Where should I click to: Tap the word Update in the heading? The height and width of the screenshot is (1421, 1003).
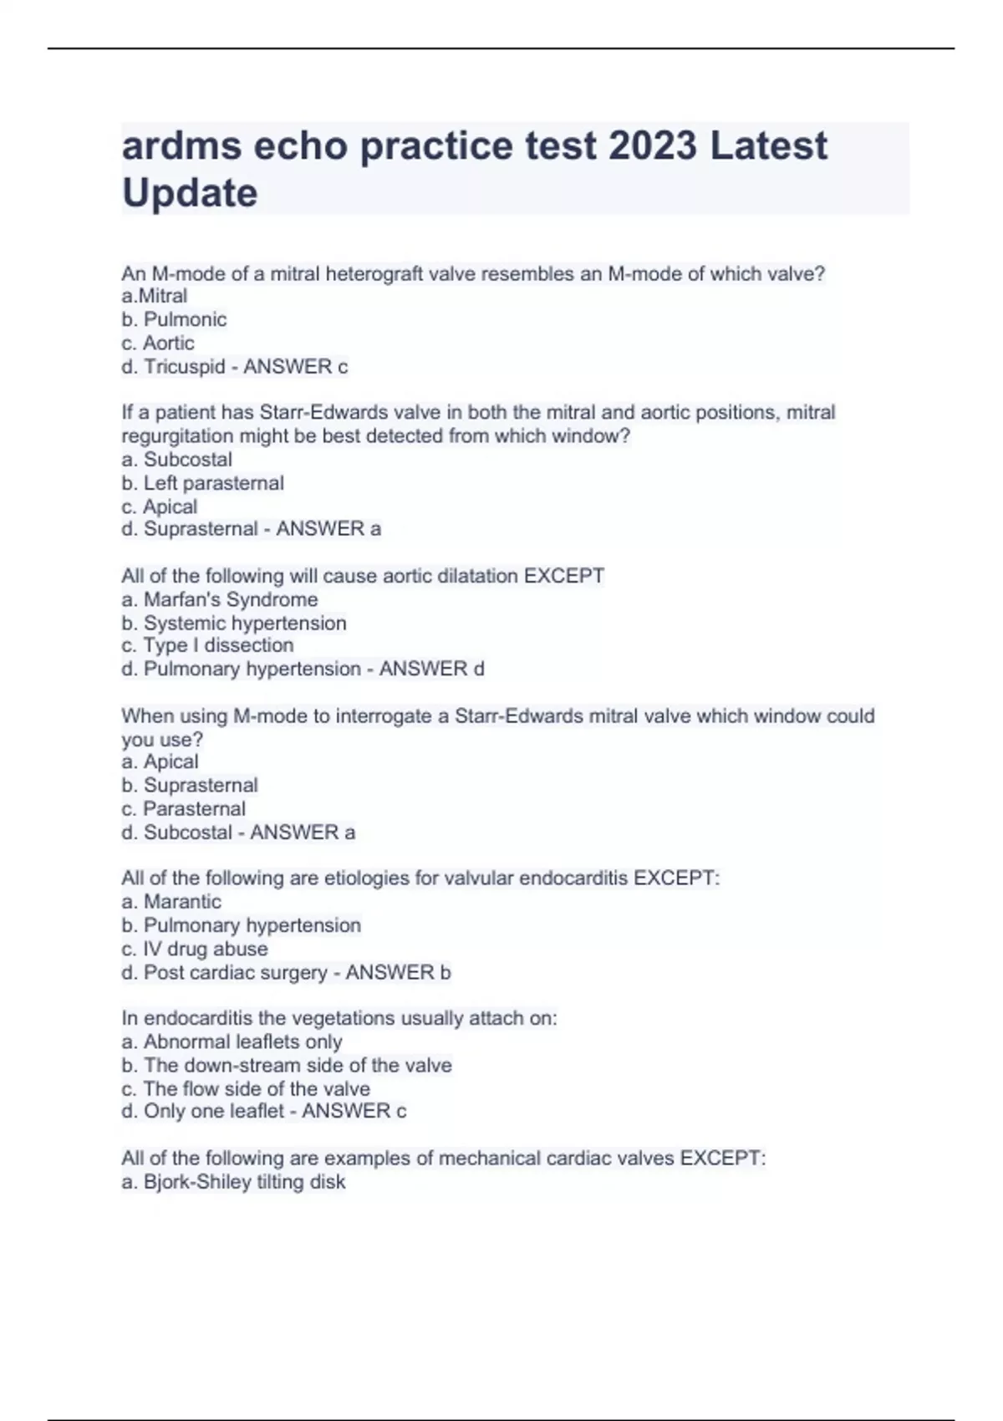[x=190, y=193]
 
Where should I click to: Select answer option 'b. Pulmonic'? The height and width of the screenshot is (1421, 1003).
[x=174, y=319]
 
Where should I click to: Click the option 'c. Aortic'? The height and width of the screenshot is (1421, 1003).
[x=158, y=343]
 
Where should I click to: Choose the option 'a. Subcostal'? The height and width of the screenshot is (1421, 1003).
[x=176, y=459]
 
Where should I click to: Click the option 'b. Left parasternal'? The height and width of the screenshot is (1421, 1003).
[x=202, y=483]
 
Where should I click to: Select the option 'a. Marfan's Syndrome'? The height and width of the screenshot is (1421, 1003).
[x=220, y=599]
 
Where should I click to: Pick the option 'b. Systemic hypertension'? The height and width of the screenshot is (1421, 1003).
[x=234, y=623]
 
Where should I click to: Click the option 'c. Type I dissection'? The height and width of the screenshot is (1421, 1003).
[x=207, y=645]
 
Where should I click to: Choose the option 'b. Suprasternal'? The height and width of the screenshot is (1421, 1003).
[x=190, y=785]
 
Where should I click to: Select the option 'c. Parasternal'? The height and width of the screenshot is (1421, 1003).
[x=184, y=808]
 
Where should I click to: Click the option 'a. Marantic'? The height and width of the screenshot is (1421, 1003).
[x=171, y=901]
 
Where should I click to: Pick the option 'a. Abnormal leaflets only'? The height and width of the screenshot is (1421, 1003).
[x=232, y=1042]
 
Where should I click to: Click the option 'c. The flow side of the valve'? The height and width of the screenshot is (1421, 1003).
[x=246, y=1088]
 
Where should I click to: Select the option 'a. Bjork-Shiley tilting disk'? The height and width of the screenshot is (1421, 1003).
[x=233, y=1182]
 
